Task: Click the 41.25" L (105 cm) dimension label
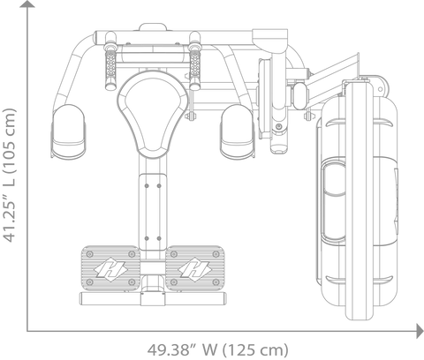[9, 176]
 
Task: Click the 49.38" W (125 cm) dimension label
[217, 350]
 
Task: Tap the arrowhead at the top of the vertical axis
[27, 4]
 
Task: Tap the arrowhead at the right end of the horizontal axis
[420, 331]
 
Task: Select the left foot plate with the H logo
[110, 268]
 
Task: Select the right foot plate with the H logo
[195, 268]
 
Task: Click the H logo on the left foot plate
[110, 269]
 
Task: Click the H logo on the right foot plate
[194, 269]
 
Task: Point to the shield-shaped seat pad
[153, 114]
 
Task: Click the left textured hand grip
[110, 69]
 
